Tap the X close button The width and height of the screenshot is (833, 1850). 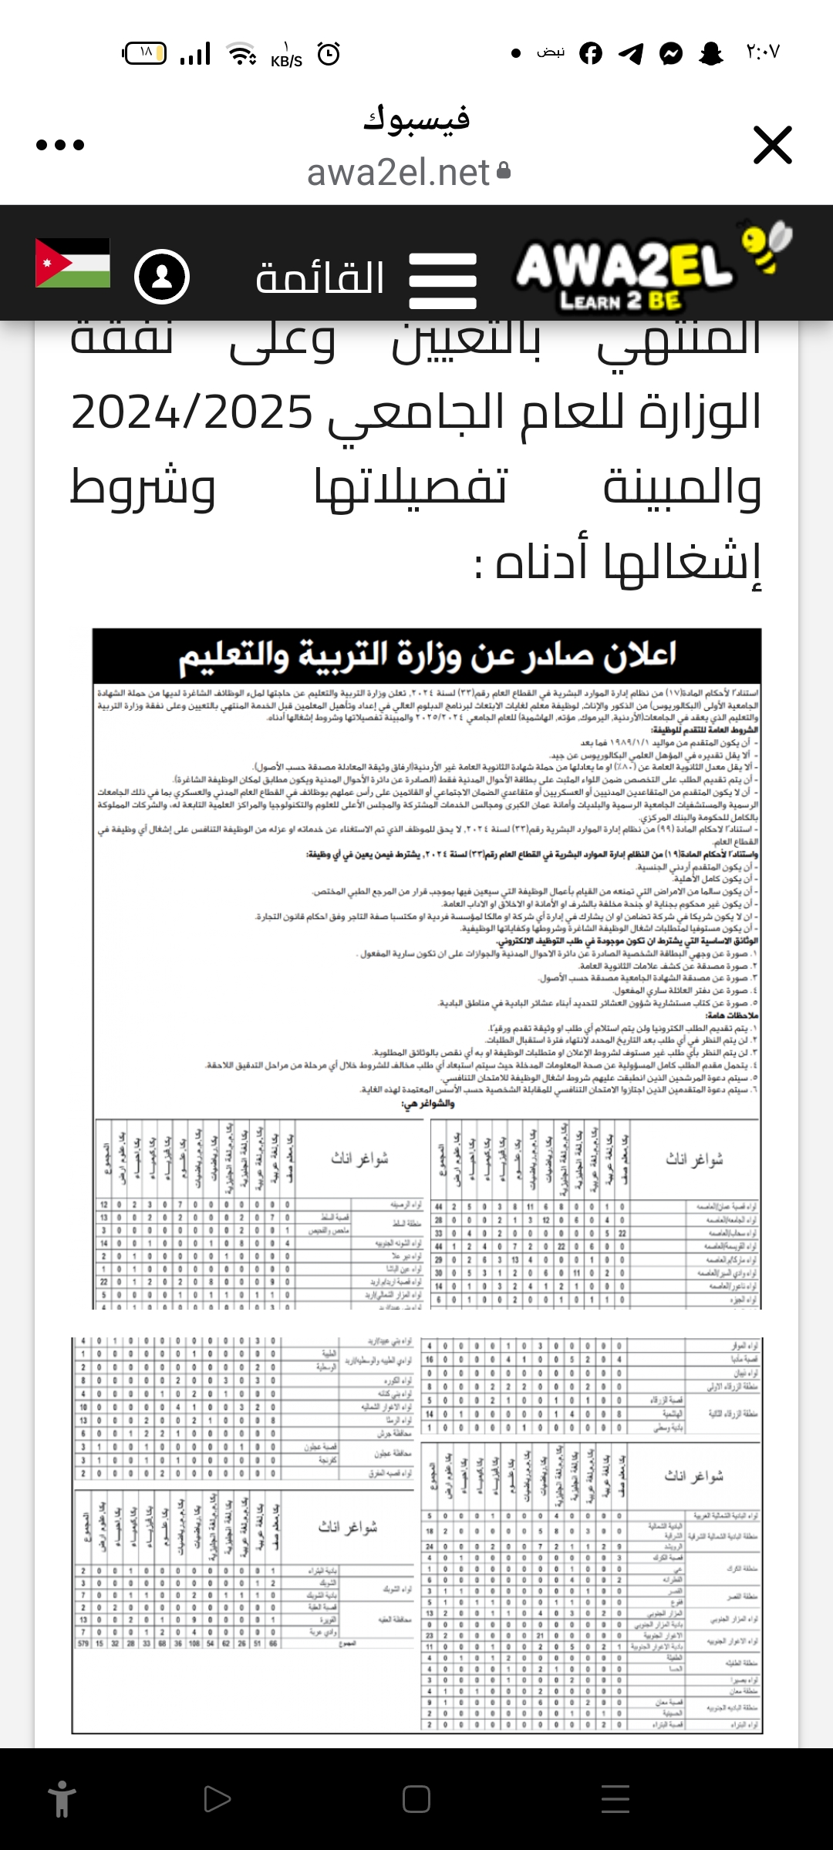773,145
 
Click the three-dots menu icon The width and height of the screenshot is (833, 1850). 60,145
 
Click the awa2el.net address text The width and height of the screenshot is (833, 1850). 399,173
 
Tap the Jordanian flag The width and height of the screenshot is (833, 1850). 73,263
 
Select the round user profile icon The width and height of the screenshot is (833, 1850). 162,277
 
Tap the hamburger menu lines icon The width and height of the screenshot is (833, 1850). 443,281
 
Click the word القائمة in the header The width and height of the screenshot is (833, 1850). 320,277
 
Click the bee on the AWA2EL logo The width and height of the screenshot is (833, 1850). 766,245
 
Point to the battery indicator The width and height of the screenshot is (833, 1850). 144,53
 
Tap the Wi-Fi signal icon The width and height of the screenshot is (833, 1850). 241,54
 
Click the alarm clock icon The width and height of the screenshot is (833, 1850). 329,54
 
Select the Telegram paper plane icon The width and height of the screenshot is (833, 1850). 631,53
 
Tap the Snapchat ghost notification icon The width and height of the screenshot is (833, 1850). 710,53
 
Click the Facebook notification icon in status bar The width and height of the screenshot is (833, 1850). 591,53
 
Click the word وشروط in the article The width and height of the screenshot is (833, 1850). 143,487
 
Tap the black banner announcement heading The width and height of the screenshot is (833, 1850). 427,655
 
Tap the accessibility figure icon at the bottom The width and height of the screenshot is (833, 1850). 62,1799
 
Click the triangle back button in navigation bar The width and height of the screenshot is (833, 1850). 217,1799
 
